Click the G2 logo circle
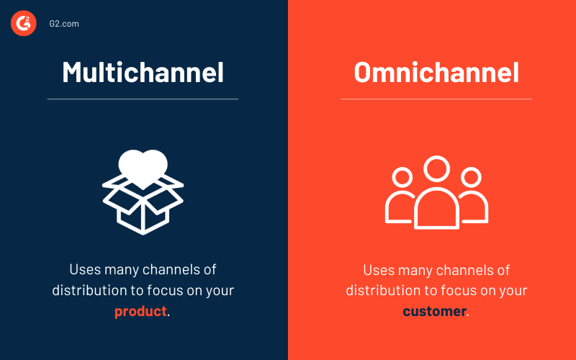(23, 23)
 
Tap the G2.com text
(63, 24)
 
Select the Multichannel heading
(143, 72)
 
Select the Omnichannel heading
(436, 72)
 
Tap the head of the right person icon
(471, 177)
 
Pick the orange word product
(140, 312)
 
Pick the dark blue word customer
(433, 312)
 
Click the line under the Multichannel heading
(143, 99)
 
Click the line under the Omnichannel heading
(436, 99)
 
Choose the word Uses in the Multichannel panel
(84, 270)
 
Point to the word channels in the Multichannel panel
(169, 270)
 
